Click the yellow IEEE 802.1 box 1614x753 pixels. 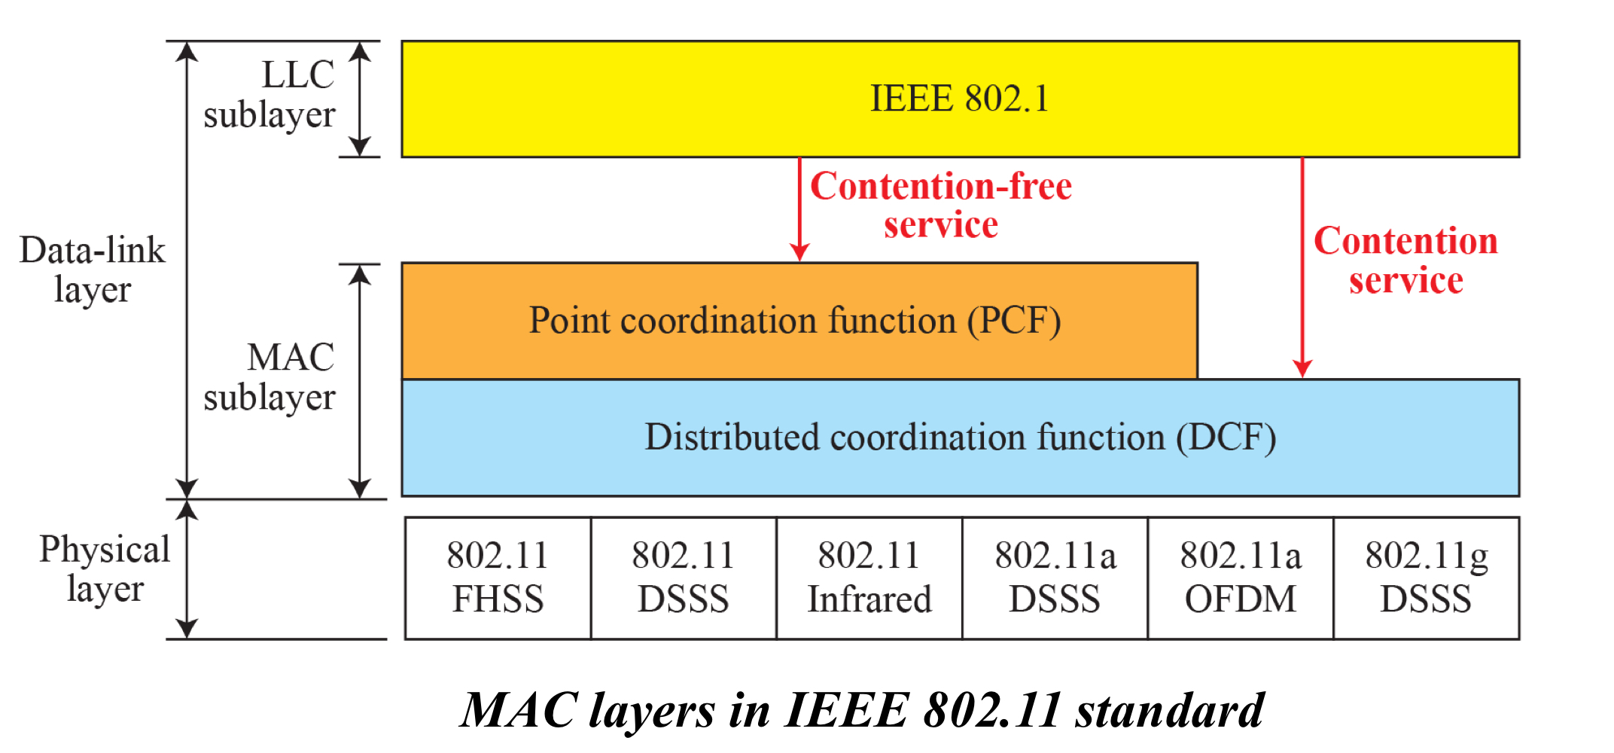(x=960, y=99)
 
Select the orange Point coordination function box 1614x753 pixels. (x=798, y=321)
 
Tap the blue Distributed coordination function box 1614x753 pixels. (x=960, y=437)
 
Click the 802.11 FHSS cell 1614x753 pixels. (x=498, y=578)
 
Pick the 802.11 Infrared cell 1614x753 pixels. (x=869, y=578)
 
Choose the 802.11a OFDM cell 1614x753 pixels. (x=1241, y=578)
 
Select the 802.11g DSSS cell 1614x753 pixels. (x=1427, y=578)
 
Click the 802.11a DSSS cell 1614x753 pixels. (x=1055, y=578)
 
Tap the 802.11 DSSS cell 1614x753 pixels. (x=684, y=578)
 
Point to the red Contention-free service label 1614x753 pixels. (x=941, y=205)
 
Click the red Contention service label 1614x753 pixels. (x=1405, y=261)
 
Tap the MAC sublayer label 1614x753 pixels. (x=270, y=377)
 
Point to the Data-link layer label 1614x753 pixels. (x=92, y=270)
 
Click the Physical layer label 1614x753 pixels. (x=105, y=569)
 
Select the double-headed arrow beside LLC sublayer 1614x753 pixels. (x=360, y=99)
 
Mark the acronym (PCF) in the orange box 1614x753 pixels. (x=1014, y=321)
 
